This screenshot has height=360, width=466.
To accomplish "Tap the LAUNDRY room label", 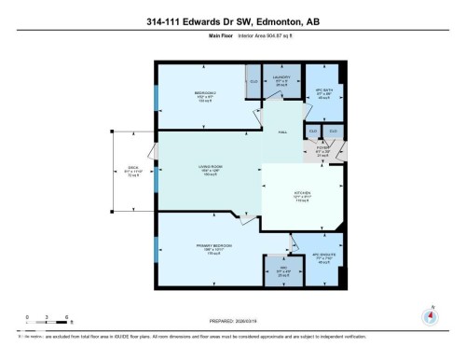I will (x=283, y=77).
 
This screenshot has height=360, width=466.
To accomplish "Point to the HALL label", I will (x=281, y=132).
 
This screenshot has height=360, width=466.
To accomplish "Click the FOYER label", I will (x=323, y=148).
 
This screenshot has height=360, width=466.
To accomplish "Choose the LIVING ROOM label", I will (x=208, y=168).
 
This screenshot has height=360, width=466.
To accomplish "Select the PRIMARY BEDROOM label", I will (x=214, y=246).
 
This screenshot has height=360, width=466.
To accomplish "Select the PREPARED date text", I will (x=233, y=325).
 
